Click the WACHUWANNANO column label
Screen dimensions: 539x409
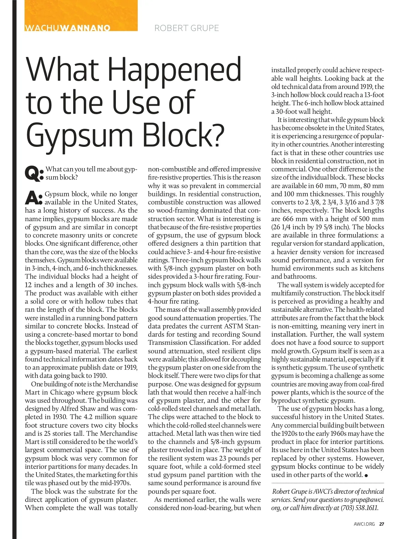click(x=67, y=28)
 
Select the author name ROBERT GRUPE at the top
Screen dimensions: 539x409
click(x=186, y=28)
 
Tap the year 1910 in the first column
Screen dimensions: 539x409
click(x=100, y=375)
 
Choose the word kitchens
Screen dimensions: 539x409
click(x=370, y=268)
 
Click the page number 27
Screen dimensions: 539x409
click(x=382, y=524)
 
